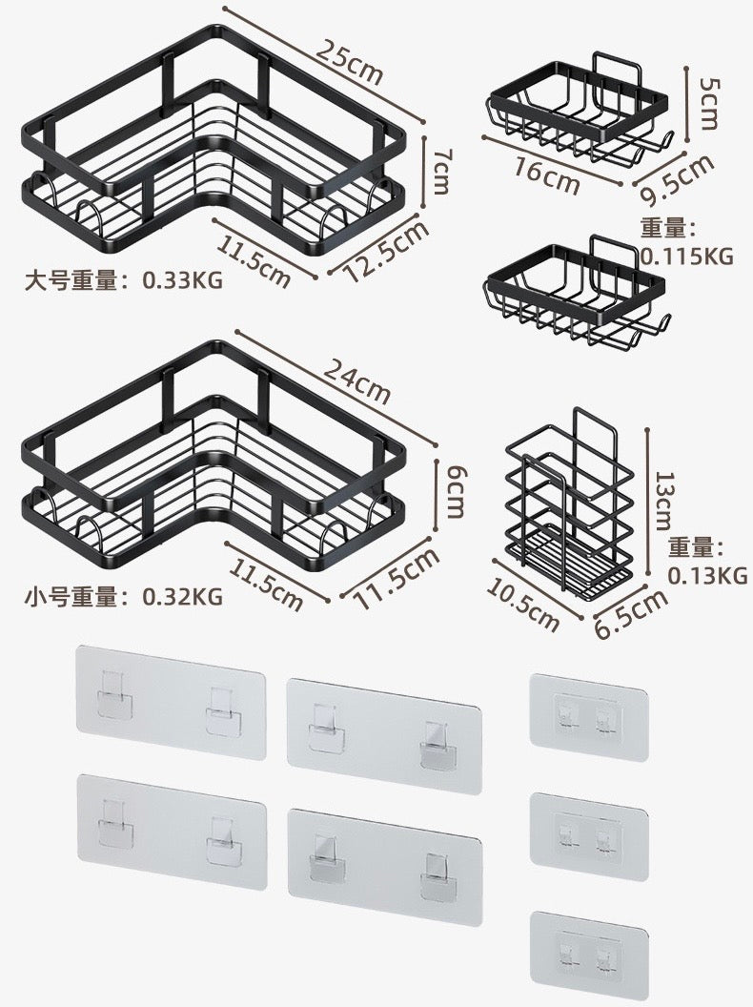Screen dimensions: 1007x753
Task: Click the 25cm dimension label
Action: pyautogui.click(x=350, y=63)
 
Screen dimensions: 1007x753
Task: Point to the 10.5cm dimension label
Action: pyautogui.click(x=522, y=604)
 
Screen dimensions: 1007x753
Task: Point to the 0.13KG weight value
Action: pyautogui.click(x=706, y=575)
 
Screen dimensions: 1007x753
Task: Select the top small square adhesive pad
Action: pyautogui.click(x=588, y=713)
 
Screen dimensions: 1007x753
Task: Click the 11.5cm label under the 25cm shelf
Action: pyautogui.click(x=254, y=258)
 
